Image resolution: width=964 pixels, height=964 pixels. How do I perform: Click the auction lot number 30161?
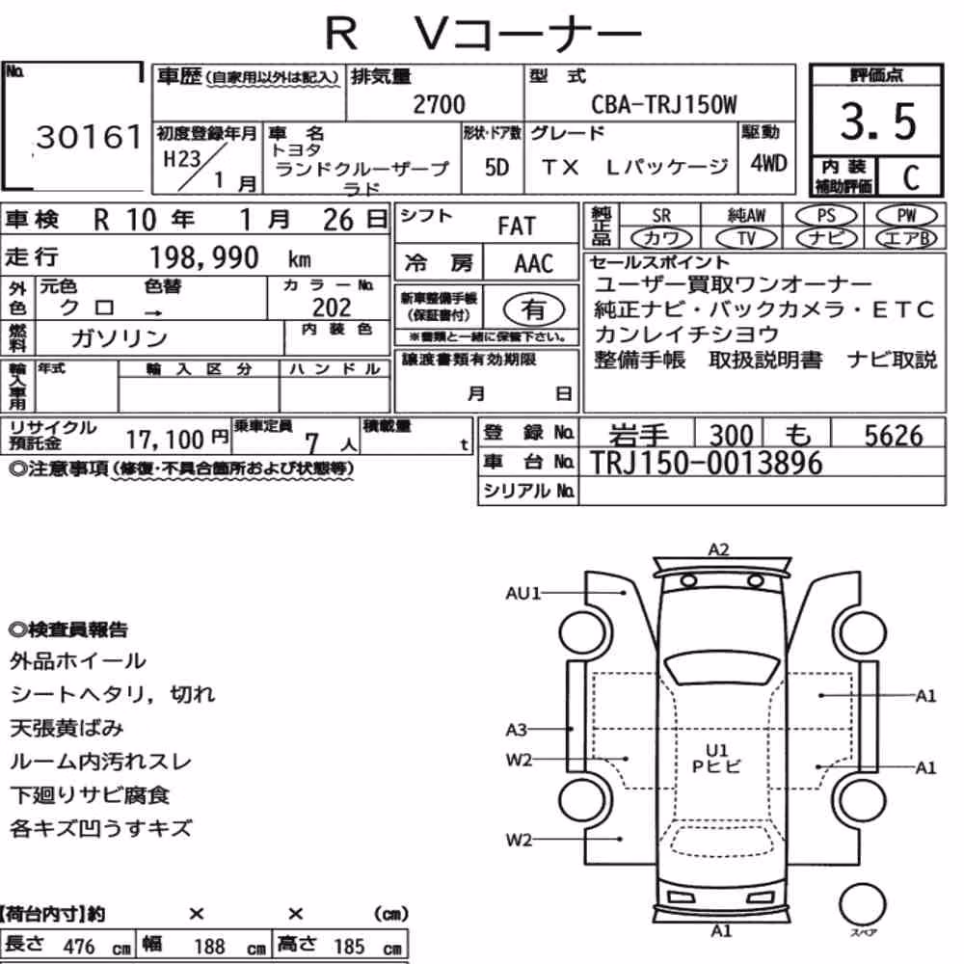(x=90, y=137)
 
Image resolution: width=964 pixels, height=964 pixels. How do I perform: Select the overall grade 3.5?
(x=878, y=121)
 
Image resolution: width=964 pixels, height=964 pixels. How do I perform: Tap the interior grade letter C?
(x=911, y=177)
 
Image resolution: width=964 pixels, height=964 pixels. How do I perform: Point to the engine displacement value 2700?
(x=439, y=104)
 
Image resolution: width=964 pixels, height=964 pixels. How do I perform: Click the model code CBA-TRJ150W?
(x=664, y=104)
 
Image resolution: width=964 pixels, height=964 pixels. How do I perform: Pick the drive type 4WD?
(x=768, y=164)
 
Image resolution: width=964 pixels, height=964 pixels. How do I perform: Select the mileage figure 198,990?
(x=204, y=257)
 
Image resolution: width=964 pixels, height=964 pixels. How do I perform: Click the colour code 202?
(x=332, y=308)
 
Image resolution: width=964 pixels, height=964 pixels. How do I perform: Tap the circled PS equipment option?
(x=826, y=216)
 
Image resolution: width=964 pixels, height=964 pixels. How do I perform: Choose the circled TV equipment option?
(x=746, y=238)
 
